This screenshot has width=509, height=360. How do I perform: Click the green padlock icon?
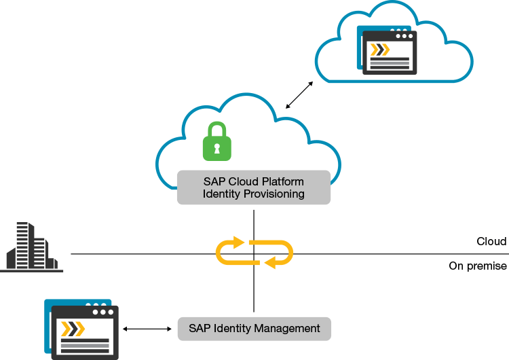click(x=217, y=142)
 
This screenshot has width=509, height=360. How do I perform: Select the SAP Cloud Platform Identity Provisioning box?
click(x=253, y=187)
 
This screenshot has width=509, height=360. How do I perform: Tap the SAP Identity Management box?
click(x=254, y=329)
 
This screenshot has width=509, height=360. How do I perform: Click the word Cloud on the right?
click(x=491, y=242)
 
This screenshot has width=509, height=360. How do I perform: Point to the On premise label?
click(x=478, y=266)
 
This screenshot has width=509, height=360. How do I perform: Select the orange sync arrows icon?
click(x=254, y=253)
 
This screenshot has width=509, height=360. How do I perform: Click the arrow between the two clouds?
click(x=299, y=94)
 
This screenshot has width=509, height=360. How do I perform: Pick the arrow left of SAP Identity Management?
click(x=147, y=329)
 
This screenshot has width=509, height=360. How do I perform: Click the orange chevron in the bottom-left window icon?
click(x=73, y=329)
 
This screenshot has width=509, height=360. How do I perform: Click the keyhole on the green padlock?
click(x=217, y=148)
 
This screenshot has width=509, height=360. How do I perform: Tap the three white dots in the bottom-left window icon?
click(x=102, y=312)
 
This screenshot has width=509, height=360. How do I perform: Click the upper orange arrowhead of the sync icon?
click(x=237, y=242)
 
